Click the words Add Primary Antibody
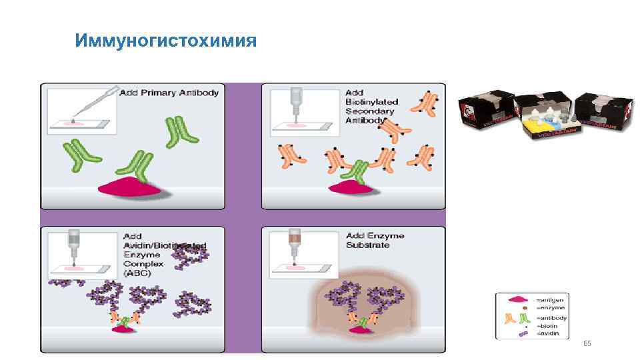click(169, 93)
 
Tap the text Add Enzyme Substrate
click(375, 241)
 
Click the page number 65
click(587, 343)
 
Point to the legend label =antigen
click(551, 299)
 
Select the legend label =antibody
click(552, 318)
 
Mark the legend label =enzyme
click(551, 308)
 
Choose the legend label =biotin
click(549, 325)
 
